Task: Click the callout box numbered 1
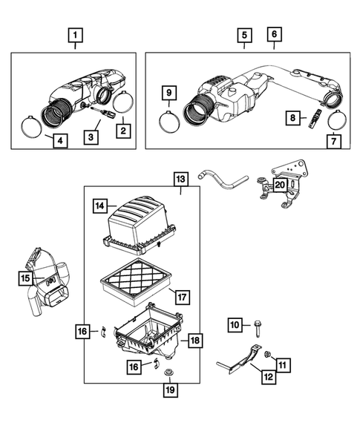pos(75,35)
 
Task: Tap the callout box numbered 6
pos(274,35)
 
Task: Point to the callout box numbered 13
pos(180,179)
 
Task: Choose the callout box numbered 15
pos(26,277)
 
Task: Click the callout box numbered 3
pos(90,137)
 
